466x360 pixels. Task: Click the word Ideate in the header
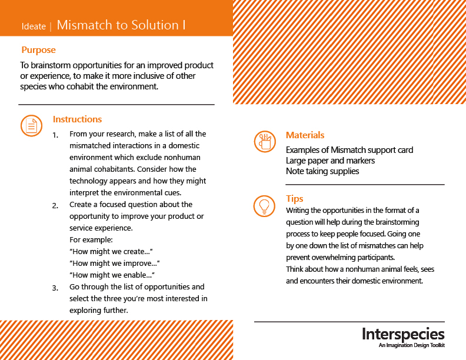(34, 26)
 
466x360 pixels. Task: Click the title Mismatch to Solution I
(121, 25)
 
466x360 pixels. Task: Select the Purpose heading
(38, 50)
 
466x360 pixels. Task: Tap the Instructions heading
(77, 119)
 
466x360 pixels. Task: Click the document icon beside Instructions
(32, 125)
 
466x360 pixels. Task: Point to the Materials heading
(305, 135)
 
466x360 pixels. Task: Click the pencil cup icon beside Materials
(265, 141)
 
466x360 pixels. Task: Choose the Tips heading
(295, 199)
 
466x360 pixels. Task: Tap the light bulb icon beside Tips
(264, 206)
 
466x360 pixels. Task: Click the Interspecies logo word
(403, 334)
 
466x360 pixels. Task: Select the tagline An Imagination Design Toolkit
(412, 345)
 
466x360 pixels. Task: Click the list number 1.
(55, 135)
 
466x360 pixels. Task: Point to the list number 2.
(55, 206)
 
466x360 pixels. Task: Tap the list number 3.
(55, 288)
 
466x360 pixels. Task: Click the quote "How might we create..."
(111, 252)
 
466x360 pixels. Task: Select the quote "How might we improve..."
(115, 264)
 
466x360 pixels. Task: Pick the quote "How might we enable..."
(112, 275)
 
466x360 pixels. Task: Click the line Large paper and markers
(330, 161)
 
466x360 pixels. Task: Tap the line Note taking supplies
(322, 171)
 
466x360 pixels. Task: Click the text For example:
(91, 239)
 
